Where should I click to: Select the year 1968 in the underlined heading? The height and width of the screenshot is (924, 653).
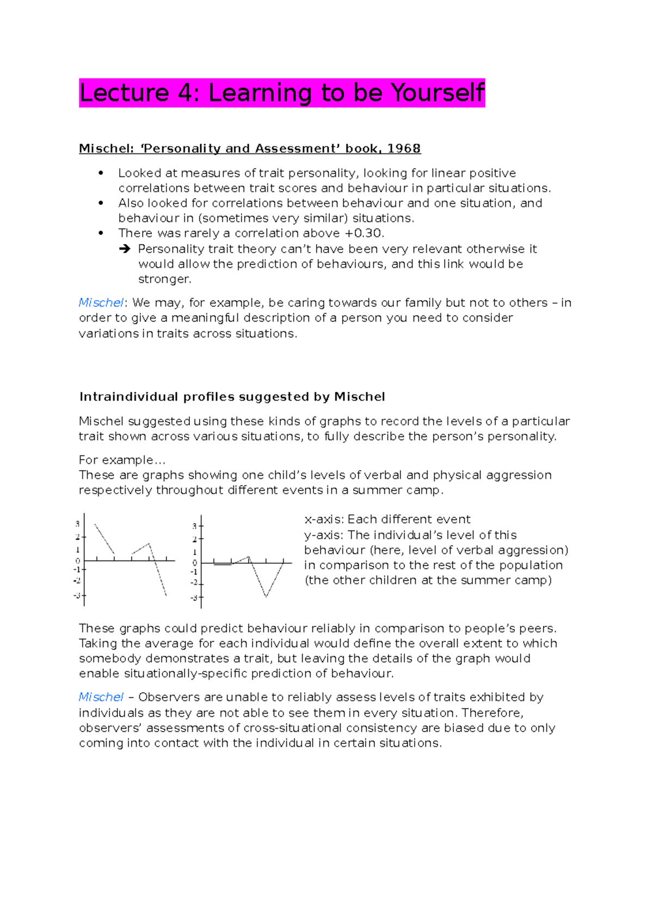tap(404, 149)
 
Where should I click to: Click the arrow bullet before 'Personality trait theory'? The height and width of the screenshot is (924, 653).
tap(125, 249)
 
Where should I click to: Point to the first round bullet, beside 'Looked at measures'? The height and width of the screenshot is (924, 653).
tap(101, 173)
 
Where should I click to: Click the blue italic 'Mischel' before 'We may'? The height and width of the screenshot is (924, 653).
tap(101, 303)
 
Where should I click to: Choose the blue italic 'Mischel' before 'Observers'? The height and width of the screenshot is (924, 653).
tap(101, 697)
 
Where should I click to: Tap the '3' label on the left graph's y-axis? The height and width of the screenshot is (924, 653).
tap(78, 524)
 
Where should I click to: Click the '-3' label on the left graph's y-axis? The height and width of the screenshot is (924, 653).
tap(77, 596)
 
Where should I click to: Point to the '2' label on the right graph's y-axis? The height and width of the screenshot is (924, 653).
tap(194, 539)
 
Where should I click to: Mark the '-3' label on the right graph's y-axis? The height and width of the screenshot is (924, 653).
tap(194, 598)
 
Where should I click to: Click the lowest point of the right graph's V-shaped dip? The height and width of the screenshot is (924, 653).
tap(266, 597)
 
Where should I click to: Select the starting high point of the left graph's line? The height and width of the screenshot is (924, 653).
tap(95, 524)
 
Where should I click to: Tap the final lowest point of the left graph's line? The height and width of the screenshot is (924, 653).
tap(167, 596)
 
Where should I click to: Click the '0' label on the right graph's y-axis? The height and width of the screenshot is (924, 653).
tap(195, 563)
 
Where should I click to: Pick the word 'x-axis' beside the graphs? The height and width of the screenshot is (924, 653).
tap(323, 520)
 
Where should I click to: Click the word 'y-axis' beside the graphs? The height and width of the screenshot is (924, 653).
tap(323, 535)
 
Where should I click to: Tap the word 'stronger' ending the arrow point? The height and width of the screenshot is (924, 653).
tap(164, 280)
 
